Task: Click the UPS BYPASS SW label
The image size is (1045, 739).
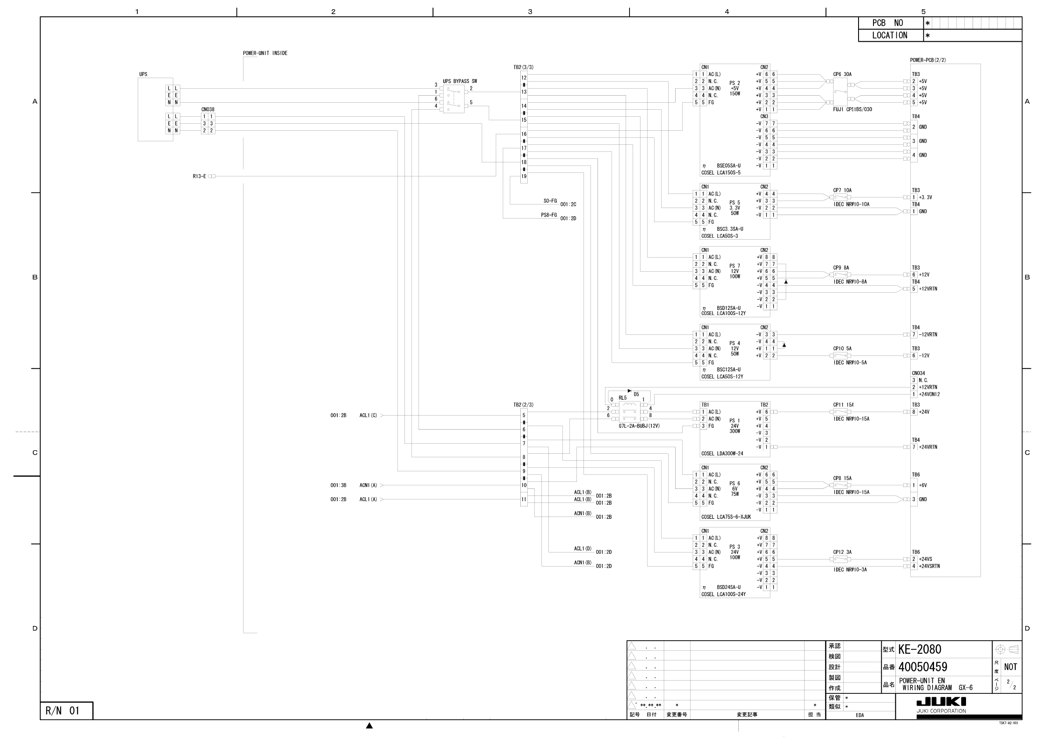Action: (460, 82)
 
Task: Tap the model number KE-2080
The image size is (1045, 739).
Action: (920, 649)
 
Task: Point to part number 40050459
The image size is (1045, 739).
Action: (923, 667)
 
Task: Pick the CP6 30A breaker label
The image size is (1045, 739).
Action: (842, 74)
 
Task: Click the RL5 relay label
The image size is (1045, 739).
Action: (622, 398)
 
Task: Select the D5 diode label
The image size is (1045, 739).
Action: (636, 395)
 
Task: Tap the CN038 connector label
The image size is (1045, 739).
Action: (208, 110)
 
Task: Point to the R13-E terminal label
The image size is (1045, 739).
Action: (199, 176)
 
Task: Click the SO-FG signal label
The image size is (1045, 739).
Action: (550, 201)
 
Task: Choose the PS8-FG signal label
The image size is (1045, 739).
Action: (548, 215)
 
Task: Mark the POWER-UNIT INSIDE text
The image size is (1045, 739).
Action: (265, 53)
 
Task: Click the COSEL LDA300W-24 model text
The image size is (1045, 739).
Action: (722, 453)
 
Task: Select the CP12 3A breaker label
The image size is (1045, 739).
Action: (842, 552)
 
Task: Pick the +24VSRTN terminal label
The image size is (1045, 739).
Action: (929, 567)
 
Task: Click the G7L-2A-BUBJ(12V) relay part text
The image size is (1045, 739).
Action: (639, 426)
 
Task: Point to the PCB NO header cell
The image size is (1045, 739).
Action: (887, 23)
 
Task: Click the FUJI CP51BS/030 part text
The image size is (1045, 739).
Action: (852, 110)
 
